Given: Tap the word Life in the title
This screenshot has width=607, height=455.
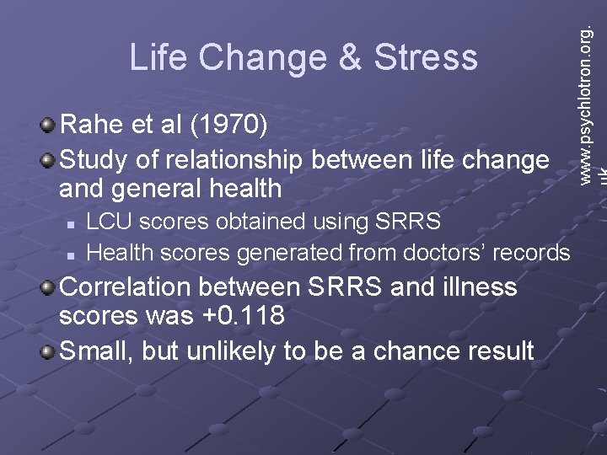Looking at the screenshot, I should [x=157, y=57].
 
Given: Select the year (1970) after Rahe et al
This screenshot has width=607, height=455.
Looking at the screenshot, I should [x=229, y=126].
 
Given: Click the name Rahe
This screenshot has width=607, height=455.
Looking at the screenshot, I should [x=89, y=126].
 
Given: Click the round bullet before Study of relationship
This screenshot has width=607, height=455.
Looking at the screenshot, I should [x=50, y=159].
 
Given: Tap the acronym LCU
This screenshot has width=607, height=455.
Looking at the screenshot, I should [x=108, y=222].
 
